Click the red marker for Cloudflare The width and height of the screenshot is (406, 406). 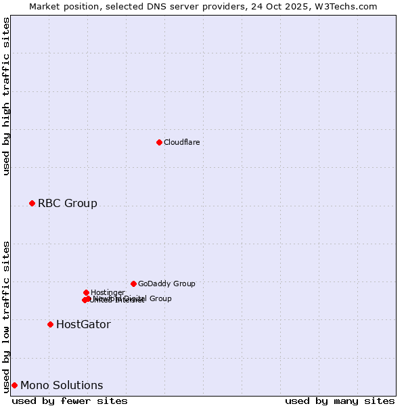coord(159,142)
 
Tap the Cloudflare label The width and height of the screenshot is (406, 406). coord(181,142)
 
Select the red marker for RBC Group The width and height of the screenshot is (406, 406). coord(32,203)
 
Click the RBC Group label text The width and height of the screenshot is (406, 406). coord(67,203)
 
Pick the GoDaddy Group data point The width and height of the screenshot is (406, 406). coord(133,284)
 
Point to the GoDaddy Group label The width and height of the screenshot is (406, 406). coord(166,284)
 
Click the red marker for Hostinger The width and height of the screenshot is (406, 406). coord(86,292)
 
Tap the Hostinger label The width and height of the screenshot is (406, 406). coord(108,292)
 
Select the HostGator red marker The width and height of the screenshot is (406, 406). coord(50,324)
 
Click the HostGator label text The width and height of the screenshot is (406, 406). coord(83,324)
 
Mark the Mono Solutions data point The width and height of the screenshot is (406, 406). coord(14,385)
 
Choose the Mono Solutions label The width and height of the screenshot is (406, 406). coord(62,385)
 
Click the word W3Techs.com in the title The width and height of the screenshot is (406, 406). coord(349,6)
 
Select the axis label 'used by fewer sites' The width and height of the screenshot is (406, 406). coord(70,401)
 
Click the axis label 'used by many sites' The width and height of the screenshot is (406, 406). coord(340,401)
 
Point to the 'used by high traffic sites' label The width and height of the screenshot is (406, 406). coord(6,96)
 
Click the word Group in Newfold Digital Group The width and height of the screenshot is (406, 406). coord(160,298)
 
